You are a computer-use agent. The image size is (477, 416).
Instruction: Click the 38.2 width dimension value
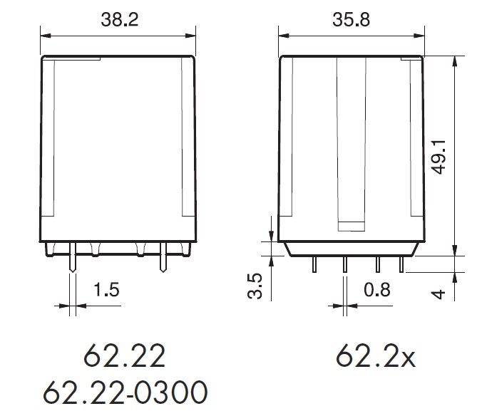coord(120,20)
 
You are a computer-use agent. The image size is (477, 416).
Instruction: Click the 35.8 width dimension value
coord(351,20)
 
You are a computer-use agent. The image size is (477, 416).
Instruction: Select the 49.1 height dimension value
coord(439,157)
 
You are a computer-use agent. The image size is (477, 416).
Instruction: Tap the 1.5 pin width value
coord(106,289)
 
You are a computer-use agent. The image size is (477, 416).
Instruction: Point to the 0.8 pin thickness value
coord(377,289)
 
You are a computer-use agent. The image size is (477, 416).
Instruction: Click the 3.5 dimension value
coord(255,286)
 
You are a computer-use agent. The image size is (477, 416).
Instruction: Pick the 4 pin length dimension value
coord(438,294)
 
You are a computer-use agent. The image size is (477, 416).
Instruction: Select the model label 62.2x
coord(375,355)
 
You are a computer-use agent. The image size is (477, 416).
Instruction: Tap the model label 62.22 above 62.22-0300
coord(125,355)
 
